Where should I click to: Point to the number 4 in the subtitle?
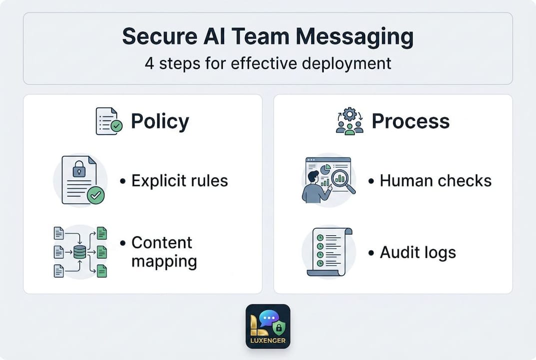[x=149, y=63]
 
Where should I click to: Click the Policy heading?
[x=160, y=121]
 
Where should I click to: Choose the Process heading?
[x=411, y=121]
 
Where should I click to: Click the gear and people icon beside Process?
[x=349, y=121]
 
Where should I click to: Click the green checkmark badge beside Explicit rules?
[x=95, y=195]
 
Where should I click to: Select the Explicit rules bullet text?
[x=179, y=180]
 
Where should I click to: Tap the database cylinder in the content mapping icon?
[x=80, y=252]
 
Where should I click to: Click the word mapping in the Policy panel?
[x=164, y=261]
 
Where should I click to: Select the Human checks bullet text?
[x=436, y=180]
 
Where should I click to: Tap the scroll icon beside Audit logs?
[x=328, y=251]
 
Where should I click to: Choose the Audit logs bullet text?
[x=418, y=252]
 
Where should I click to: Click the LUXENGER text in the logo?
[x=268, y=341]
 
